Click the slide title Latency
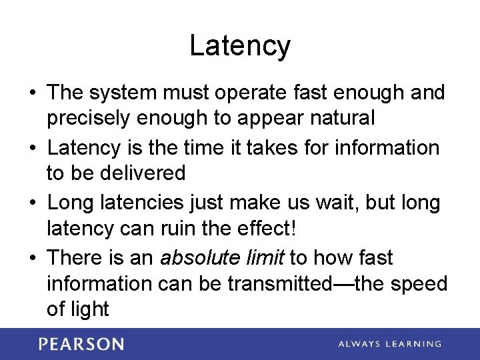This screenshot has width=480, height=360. tap(240, 46)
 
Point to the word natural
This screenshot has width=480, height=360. tap(340, 119)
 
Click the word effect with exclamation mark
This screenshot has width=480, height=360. tap(263, 229)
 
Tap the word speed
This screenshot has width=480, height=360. tap(417, 284)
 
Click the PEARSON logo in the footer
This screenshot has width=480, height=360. tap(81, 344)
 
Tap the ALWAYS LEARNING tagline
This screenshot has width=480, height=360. tap(389, 344)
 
